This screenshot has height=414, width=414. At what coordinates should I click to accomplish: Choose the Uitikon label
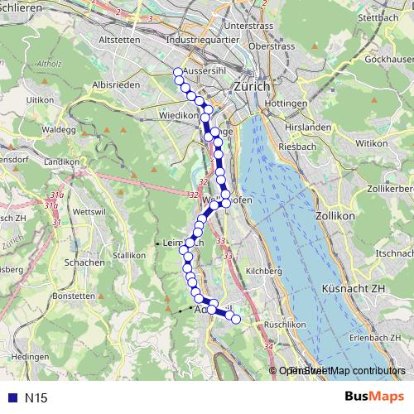coord(40,99)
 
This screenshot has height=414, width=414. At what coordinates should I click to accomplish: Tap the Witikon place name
coord(372,143)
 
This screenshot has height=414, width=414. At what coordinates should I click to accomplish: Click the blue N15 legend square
coord(10,398)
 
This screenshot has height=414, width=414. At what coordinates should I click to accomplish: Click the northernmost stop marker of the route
coord(177,72)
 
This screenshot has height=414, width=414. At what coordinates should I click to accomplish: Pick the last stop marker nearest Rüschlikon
coord(235,319)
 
